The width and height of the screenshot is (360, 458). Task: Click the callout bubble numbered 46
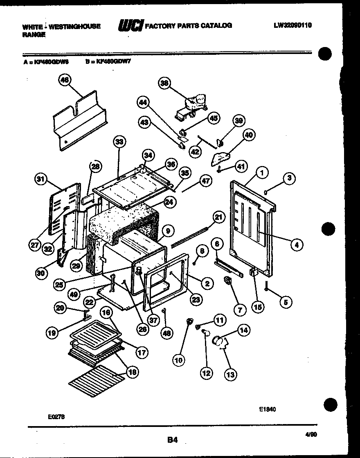click(64, 80)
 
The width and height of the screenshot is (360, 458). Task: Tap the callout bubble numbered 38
click(164, 83)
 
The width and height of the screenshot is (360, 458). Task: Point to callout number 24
click(169, 202)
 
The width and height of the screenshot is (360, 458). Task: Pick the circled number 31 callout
click(40, 179)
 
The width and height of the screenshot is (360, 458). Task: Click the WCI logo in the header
click(130, 26)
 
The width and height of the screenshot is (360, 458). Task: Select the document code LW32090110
click(292, 25)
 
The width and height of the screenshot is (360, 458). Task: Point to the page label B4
click(172, 440)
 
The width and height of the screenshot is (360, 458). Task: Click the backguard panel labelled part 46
click(80, 123)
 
